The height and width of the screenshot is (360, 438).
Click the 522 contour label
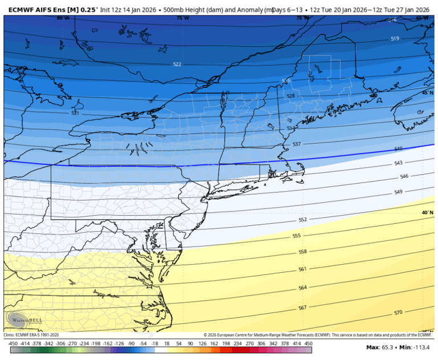coord(177,64)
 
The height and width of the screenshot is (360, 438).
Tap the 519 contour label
coord(395,38)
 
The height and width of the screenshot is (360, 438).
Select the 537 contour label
coord(297,144)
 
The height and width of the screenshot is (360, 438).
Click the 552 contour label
coord(303,220)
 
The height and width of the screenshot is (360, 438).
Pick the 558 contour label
coord(303,252)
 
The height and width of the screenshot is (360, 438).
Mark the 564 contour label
coord(303,288)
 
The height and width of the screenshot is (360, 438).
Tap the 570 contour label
coord(398,313)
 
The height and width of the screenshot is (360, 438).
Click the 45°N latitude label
coord(427,92)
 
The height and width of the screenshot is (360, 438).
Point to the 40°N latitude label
coord(427,213)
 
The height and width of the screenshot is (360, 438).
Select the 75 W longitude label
coord(182,18)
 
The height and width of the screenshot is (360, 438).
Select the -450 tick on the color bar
coord(12,343)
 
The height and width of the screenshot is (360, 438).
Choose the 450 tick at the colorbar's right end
coord(307,343)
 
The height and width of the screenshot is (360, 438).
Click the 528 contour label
coord(291,96)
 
